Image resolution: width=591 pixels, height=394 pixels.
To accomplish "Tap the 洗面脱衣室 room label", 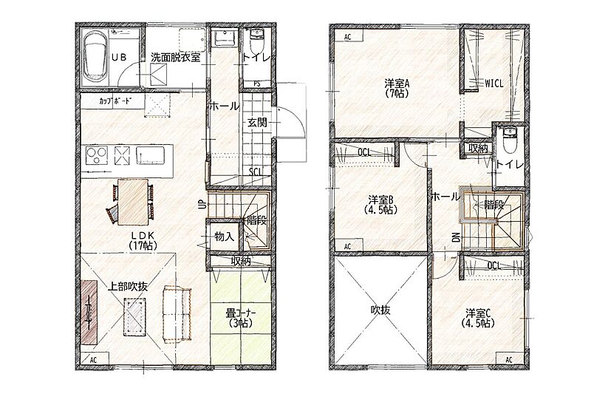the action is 175,58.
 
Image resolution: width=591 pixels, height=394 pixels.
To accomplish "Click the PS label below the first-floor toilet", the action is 256,84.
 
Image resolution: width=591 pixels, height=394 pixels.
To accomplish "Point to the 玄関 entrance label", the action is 257,122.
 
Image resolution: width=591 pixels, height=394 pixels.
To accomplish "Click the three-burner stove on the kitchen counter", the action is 97,155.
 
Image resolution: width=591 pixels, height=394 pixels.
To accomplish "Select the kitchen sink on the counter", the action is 151,155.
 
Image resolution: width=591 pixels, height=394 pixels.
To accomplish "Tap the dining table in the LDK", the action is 132,202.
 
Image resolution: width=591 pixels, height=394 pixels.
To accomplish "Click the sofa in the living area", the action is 177,313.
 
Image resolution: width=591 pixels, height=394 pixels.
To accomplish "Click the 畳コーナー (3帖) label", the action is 241,318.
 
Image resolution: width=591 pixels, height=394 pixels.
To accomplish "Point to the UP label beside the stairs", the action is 201,204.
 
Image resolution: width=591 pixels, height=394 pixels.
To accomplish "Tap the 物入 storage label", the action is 225,237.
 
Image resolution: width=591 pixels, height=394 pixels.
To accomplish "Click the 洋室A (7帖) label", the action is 397,88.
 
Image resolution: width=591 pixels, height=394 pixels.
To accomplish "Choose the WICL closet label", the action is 493,84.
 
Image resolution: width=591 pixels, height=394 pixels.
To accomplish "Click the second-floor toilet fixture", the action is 510,140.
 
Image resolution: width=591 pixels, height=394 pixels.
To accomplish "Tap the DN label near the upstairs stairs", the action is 455,237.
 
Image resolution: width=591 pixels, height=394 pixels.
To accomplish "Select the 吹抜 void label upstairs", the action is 380,310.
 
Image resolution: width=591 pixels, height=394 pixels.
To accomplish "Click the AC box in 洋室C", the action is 509,359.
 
